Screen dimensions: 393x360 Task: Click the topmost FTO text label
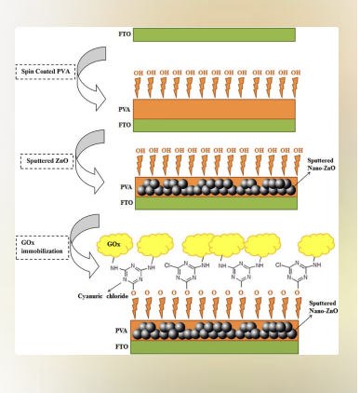point(124,34)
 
